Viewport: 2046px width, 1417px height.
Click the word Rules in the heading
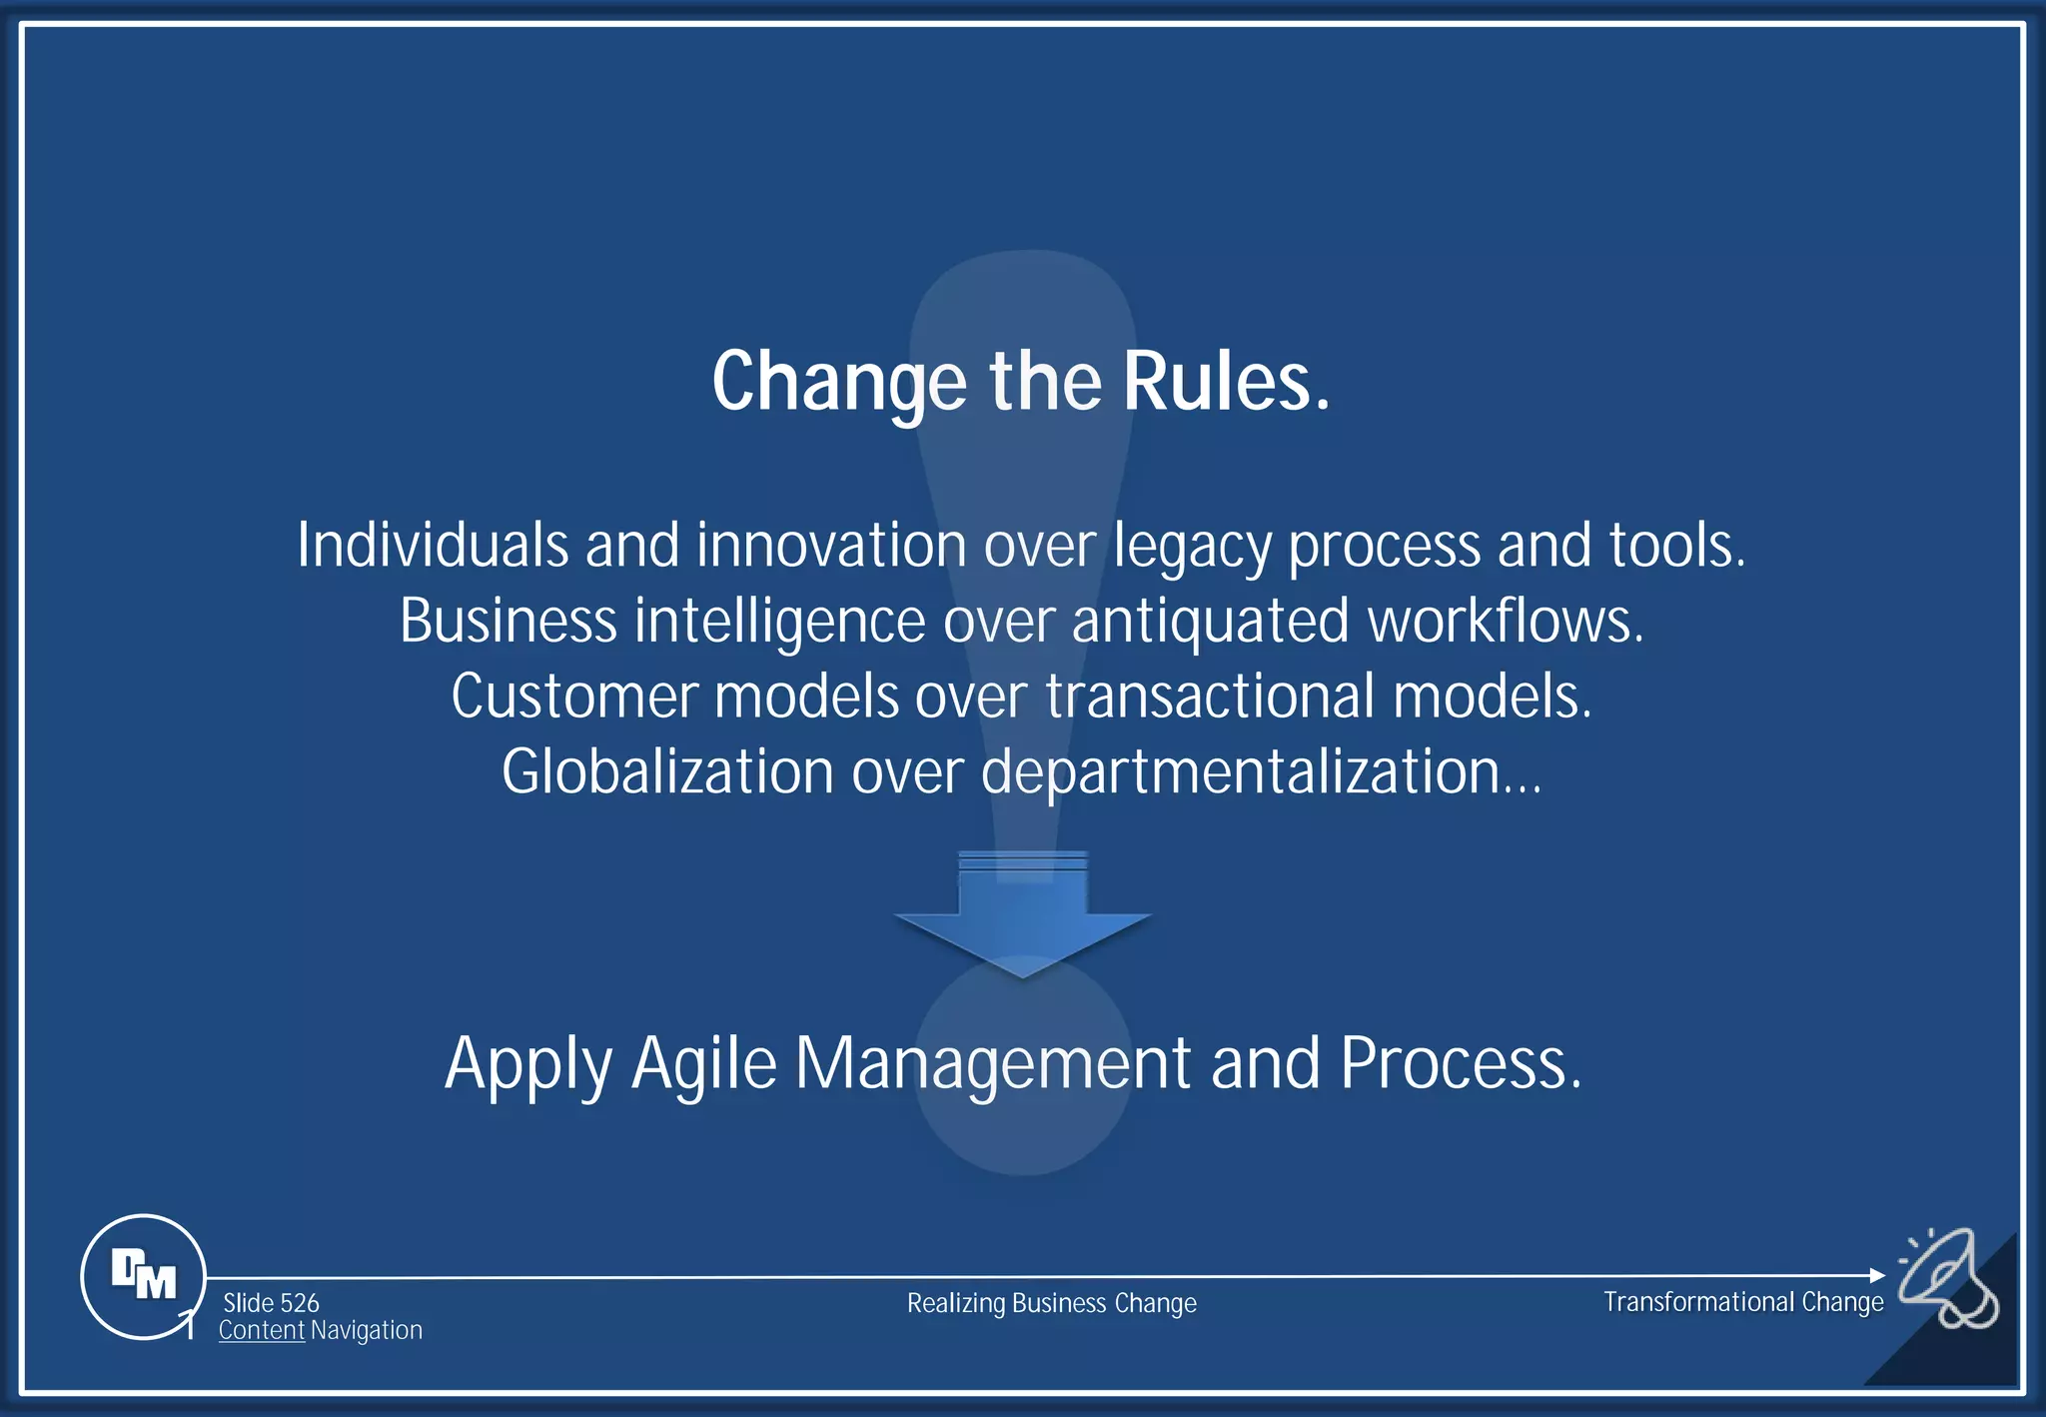tap(1226, 382)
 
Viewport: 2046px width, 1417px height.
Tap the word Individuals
tap(432, 546)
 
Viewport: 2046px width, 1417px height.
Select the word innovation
tap(831, 546)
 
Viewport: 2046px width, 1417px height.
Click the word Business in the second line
tap(508, 621)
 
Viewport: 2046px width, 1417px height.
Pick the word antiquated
tap(1211, 622)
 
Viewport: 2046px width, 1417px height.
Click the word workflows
tap(1504, 621)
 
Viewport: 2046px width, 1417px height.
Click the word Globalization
tap(667, 771)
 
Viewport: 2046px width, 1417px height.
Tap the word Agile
tap(704, 1065)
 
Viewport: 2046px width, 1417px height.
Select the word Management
tap(993, 1065)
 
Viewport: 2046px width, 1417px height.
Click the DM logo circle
tap(143, 1276)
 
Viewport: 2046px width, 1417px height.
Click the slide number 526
tap(299, 1303)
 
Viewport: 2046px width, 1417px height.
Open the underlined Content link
tap(261, 1331)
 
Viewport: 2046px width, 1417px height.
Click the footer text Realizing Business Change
tap(1051, 1303)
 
